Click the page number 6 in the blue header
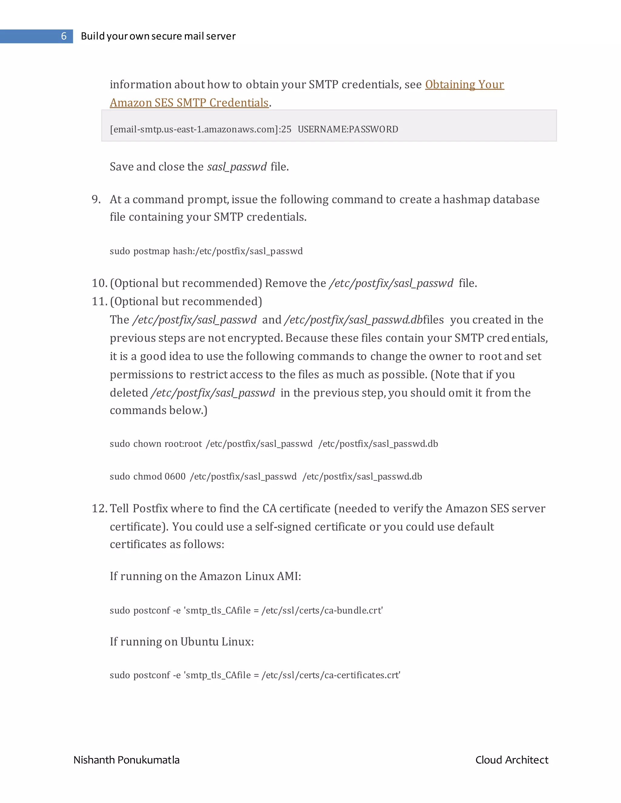coord(64,36)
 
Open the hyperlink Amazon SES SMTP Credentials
coord(189,103)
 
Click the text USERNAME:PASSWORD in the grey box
coord(348,129)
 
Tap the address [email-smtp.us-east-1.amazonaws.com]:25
coord(200,129)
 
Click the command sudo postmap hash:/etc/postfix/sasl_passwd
coord(206,251)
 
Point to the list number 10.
coord(99,283)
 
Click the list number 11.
coord(99,302)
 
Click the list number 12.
coord(99,508)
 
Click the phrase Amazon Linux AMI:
coord(250,576)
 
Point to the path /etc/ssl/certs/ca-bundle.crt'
coord(322,610)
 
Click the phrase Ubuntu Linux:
coord(217,641)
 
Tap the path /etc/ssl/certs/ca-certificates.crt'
coord(331,675)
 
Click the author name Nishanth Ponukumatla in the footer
coord(126,760)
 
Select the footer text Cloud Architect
coord(511,760)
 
